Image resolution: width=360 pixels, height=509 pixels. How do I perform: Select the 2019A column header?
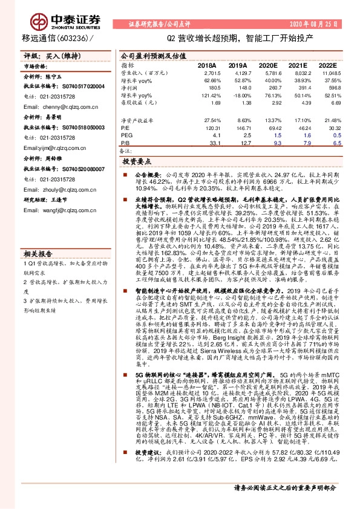coord(238,64)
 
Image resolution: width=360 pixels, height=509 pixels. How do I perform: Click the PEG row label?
coord(127,136)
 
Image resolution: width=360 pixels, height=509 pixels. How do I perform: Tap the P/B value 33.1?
coord(209,143)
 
